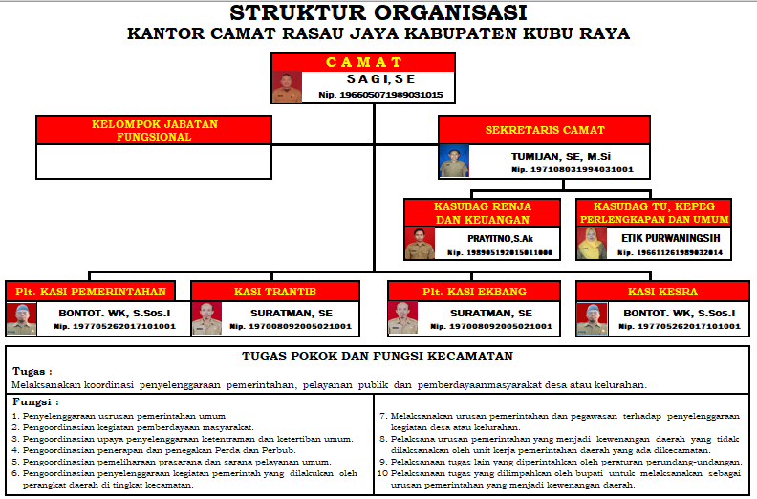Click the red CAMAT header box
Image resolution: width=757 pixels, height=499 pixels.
pos(364,62)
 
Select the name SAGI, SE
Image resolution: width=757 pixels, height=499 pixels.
pos(381,78)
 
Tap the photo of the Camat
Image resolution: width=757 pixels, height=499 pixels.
pos(287,87)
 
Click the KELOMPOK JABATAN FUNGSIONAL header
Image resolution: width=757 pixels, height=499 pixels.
pos(154,130)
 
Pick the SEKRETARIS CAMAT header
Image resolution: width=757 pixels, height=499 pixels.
pos(545,129)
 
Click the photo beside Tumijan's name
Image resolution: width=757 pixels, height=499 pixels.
pos(454,161)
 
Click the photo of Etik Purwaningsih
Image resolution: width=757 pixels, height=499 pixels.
pos(591,243)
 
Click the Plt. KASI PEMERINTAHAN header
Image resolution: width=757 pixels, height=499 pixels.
pos(91,291)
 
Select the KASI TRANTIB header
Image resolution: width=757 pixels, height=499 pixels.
pos(275,291)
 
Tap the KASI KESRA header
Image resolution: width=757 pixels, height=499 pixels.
pos(662,291)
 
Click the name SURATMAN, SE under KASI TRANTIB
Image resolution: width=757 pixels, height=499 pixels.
pos(291,313)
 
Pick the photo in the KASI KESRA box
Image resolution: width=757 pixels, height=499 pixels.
pos(592,318)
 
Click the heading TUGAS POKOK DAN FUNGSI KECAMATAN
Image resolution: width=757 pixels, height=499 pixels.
pos(378,357)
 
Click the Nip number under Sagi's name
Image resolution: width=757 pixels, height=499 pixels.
pos(380,94)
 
